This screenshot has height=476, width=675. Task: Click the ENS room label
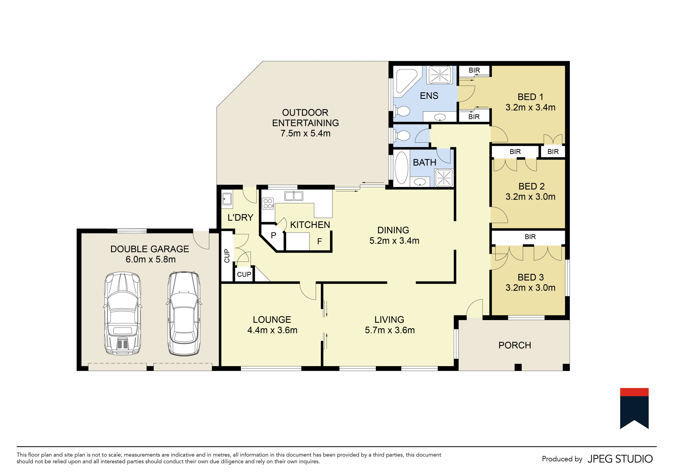tap(429, 96)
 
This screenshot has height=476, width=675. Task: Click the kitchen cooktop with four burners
tap(268, 204)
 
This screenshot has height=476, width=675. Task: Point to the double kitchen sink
tap(294, 196)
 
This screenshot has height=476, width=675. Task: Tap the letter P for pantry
tap(273, 235)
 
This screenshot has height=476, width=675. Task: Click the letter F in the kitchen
tap(320, 241)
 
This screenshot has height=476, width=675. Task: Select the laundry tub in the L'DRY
tap(227, 199)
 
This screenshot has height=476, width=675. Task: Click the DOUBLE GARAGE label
tap(150, 249)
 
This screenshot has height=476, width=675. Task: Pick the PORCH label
tap(515, 345)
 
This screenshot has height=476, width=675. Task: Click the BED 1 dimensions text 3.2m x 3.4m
tap(530, 107)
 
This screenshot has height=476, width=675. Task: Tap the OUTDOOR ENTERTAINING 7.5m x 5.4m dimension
tap(305, 133)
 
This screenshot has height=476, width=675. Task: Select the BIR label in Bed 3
tap(530, 237)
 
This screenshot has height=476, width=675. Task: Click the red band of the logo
tap(634, 392)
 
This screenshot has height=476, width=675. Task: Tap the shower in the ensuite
tap(439, 75)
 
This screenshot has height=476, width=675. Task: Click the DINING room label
tap(393, 230)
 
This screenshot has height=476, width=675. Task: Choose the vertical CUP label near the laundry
tap(227, 256)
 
